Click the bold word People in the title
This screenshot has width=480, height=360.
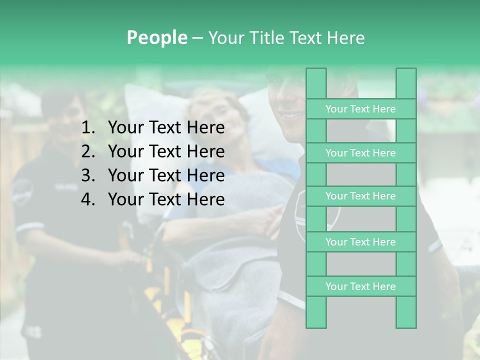click(x=156, y=37)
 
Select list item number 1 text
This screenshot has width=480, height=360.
click(x=166, y=128)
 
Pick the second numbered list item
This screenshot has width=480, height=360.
click(x=166, y=151)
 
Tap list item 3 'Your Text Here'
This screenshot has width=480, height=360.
click(x=166, y=175)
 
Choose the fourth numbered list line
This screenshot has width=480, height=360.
click(x=166, y=199)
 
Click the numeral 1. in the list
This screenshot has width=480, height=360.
click(x=88, y=128)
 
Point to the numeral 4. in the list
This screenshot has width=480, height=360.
click(x=88, y=199)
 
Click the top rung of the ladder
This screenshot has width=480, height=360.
click(x=360, y=109)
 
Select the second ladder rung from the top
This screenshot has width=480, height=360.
click(x=360, y=153)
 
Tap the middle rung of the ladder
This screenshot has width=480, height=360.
click(x=360, y=196)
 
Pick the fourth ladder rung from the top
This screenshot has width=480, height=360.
click(x=360, y=242)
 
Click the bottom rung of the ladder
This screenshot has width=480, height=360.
click(x=360, y=286)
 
